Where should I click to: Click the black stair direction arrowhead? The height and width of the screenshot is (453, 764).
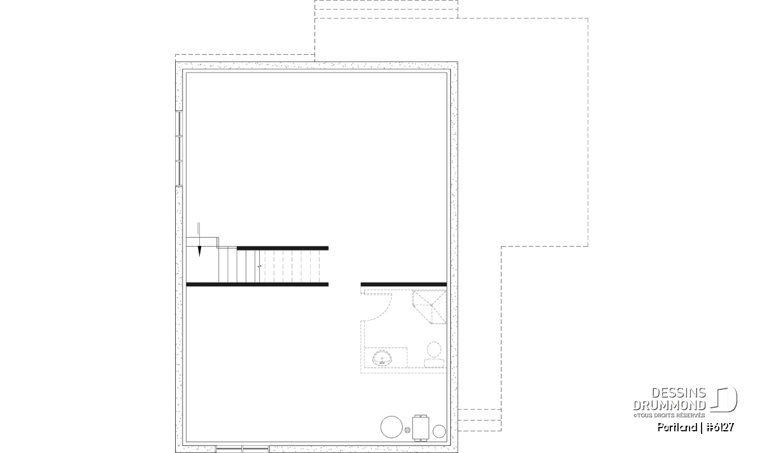tap(199, 251)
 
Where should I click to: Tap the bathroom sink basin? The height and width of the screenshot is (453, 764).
tap(382, 359)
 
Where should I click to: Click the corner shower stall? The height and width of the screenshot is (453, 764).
tap(429, 307)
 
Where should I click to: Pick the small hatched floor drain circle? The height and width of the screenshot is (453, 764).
tap(407, 430)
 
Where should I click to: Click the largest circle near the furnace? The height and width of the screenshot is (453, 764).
tap(392, 427)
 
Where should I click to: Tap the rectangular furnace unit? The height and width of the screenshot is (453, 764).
tap(421, 428)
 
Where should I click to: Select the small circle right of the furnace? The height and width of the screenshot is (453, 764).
tap(439, 431)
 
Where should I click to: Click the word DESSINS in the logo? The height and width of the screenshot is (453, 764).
tap(679, 393)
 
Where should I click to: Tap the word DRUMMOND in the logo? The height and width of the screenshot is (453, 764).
tap(669, 405)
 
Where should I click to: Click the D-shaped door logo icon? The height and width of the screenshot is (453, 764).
tap(724, 399)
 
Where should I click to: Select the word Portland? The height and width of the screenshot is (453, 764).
tap(677, 427)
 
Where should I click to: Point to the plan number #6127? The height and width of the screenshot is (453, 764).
tap(720, 427)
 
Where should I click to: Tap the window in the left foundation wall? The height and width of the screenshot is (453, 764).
tap(179, 148)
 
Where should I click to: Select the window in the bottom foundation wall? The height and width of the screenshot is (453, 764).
tap(243, 449)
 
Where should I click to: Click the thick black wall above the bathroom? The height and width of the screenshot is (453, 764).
tap(404, 284)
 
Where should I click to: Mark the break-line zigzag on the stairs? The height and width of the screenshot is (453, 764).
tap(260, 266)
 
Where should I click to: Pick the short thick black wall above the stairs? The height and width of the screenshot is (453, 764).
tap(283, 248)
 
